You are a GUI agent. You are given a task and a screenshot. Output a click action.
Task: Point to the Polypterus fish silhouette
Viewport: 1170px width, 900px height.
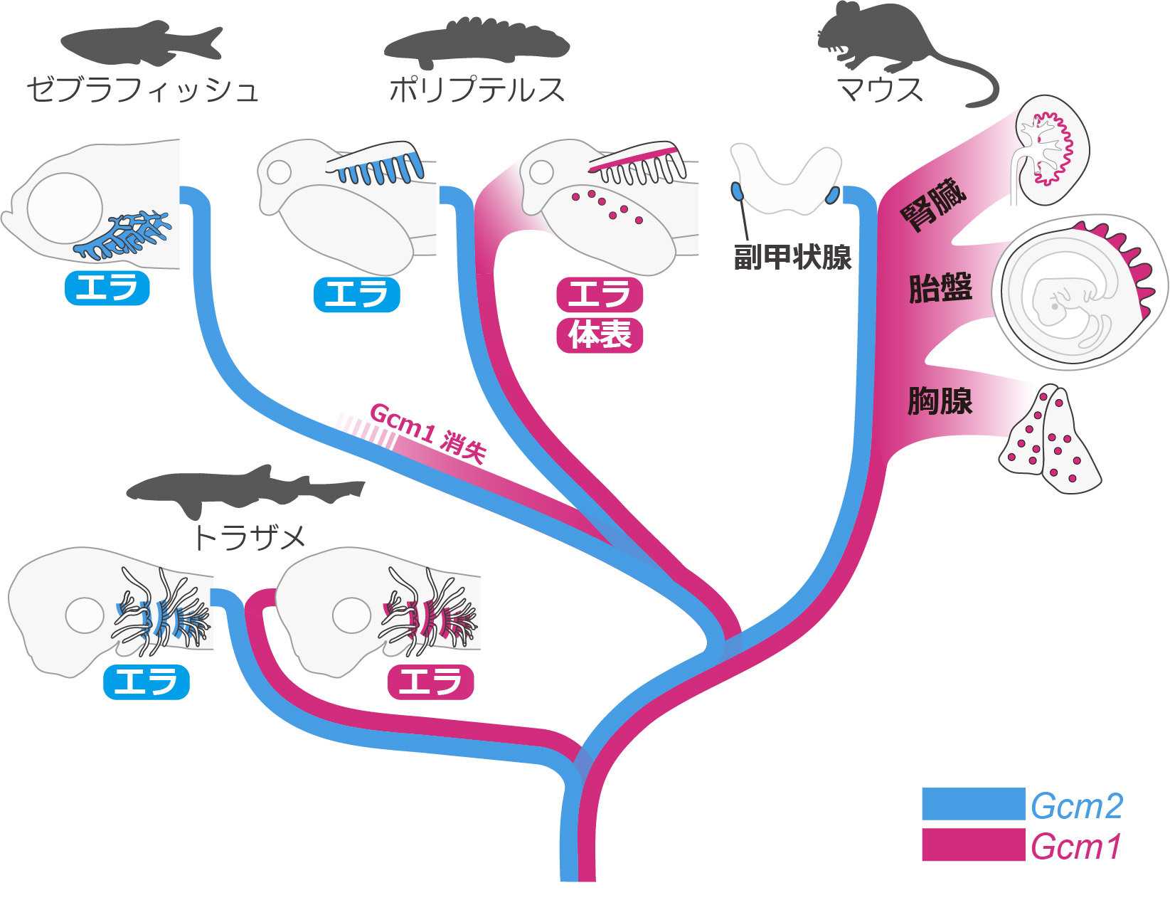click(x=477, y=44)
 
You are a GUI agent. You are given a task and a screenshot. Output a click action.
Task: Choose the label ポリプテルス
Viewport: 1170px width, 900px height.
click(x=477, y=90)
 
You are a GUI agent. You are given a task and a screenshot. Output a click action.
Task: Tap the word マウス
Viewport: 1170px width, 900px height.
click(x=881, y=90)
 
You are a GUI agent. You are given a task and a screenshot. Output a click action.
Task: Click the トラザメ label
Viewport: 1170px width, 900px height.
click(x=249, y=538)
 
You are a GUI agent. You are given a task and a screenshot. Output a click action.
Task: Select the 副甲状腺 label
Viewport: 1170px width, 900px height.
click(x=792, y=257)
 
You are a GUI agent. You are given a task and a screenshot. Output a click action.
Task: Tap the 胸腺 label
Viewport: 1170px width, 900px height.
click(x=940, y=401)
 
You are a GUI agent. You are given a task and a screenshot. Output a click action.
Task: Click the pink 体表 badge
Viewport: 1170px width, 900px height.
click(x=600, y=335)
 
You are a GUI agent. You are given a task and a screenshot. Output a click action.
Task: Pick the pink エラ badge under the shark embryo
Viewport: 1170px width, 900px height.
click(x=431, y=682)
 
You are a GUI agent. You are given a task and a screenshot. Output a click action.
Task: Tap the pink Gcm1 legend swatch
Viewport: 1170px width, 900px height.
click(x=974, y=845)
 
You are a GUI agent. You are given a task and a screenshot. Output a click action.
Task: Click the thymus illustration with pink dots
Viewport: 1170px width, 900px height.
click(x=1050, y=439)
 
